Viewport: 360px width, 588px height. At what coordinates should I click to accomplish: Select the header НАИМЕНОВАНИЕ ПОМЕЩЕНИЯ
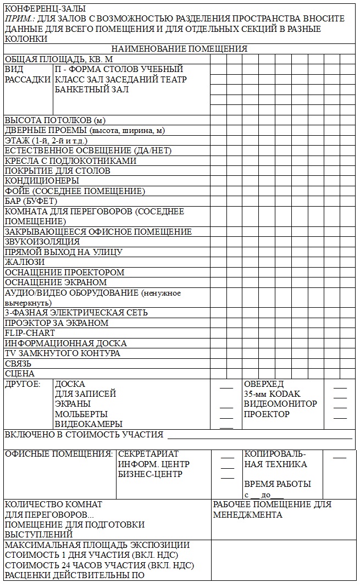[x=179, y=49]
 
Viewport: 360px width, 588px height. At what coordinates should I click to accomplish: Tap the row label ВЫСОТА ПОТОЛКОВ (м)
[x=55, y=120]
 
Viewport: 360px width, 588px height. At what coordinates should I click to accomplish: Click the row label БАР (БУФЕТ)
[x=31, y=201]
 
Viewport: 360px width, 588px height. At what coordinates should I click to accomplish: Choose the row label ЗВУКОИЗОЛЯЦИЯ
[x=42, y=242]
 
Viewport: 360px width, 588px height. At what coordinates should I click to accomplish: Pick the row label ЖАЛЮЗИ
[x=25, y=262]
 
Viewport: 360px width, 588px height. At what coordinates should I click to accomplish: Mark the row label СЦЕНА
[x=20, y=374]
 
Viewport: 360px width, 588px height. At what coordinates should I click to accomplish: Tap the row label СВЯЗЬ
[x=18, y=364]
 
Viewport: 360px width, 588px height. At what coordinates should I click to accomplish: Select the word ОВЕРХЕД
[x=264, y=384]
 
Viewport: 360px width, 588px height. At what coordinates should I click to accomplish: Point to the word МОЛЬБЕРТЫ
[x=81, y=414]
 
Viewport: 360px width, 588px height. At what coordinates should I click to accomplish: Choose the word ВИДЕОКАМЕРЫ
[x=88, y=424]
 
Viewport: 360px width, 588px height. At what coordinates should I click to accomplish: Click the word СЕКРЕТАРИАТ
[x=148, y=454]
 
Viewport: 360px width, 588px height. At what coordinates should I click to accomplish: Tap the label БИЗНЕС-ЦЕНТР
[x=150, y=474]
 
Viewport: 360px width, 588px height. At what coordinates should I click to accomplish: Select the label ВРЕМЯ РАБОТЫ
[x=278, y=484]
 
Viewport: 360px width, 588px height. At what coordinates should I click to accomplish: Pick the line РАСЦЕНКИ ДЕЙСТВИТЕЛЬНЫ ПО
[x=75, y=575]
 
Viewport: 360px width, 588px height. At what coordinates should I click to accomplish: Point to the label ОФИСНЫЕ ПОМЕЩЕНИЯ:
[x=59, y=454]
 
